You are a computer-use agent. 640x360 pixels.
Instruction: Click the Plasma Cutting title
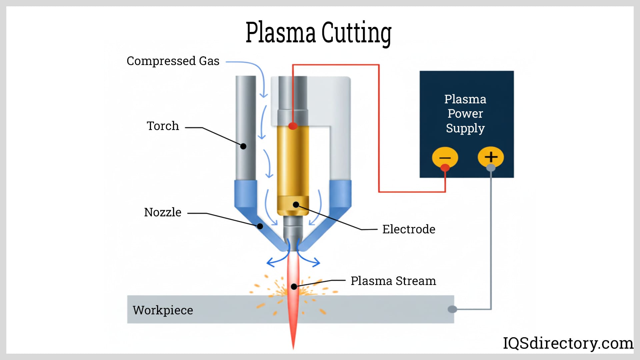[318, 33]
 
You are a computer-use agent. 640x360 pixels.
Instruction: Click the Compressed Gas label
[173, 61]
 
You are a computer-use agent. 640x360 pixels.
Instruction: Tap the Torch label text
[163, 126]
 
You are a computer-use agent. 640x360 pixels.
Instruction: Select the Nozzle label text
[163, 212]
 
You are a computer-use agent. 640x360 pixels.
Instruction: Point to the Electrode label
[409, 229]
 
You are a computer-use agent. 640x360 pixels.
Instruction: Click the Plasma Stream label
[393, 281]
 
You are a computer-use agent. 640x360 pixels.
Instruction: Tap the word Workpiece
[163, 310]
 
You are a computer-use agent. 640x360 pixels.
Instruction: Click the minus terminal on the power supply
[445, 157]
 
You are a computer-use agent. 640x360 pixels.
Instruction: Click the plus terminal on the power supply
[491, 157]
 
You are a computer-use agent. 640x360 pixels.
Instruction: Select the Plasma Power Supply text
[465, 114]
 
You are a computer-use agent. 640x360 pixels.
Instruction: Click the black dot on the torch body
[243, 146]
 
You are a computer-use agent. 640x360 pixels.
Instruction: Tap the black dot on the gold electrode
[296, 204]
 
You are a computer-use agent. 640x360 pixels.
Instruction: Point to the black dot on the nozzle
[260, 226]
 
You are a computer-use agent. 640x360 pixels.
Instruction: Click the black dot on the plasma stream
[294, 286]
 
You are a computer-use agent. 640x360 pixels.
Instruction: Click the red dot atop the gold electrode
[293, 126]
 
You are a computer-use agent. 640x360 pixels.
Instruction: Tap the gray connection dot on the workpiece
[452, 309]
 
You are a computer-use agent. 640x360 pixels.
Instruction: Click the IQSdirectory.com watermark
[568, 343]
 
